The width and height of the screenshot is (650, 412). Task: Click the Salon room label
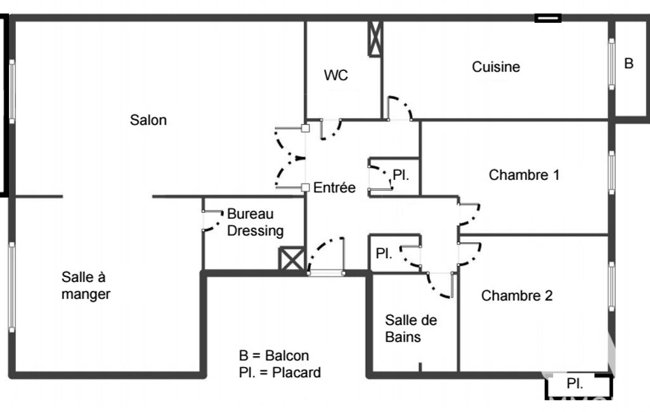click(x=148, y=119)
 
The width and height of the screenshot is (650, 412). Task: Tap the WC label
click(x=335, y=75)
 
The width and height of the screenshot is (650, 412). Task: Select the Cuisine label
click(x=496, y=67)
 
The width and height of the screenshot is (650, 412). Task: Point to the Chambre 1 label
click(x=524, y=175)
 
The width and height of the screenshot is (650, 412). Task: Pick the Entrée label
click(x=334, y=188)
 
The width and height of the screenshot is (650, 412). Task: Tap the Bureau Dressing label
click(x=255, y=222)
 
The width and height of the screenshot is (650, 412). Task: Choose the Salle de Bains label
click(x=411, y=328)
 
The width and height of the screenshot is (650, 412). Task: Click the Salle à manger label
click(x=86, y=285)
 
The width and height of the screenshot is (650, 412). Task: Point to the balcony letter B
click(x=629, y=63)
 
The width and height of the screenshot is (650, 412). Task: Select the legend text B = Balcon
click(x=274, y=356)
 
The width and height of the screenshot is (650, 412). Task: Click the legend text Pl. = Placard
click(x=280, y=372)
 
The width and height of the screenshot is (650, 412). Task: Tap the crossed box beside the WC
click(x=375, y=39)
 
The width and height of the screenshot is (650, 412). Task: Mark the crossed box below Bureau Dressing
click(x=292, y=260)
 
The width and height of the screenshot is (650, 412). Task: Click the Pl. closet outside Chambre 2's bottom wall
click(x=575, y=383)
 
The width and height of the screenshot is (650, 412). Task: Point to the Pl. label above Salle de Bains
click(x=384, y=254)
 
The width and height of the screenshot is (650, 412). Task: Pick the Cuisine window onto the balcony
click(x=612, y=63)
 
